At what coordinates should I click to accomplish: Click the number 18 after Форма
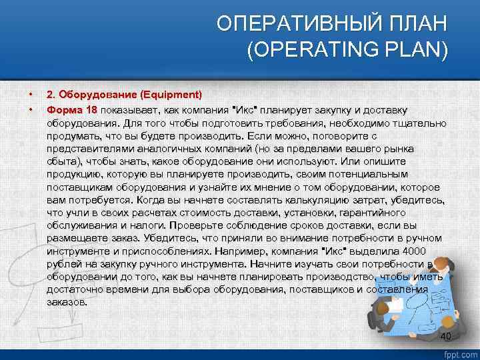(x=90, y=109)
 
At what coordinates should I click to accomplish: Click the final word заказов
(x=66, y=302)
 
